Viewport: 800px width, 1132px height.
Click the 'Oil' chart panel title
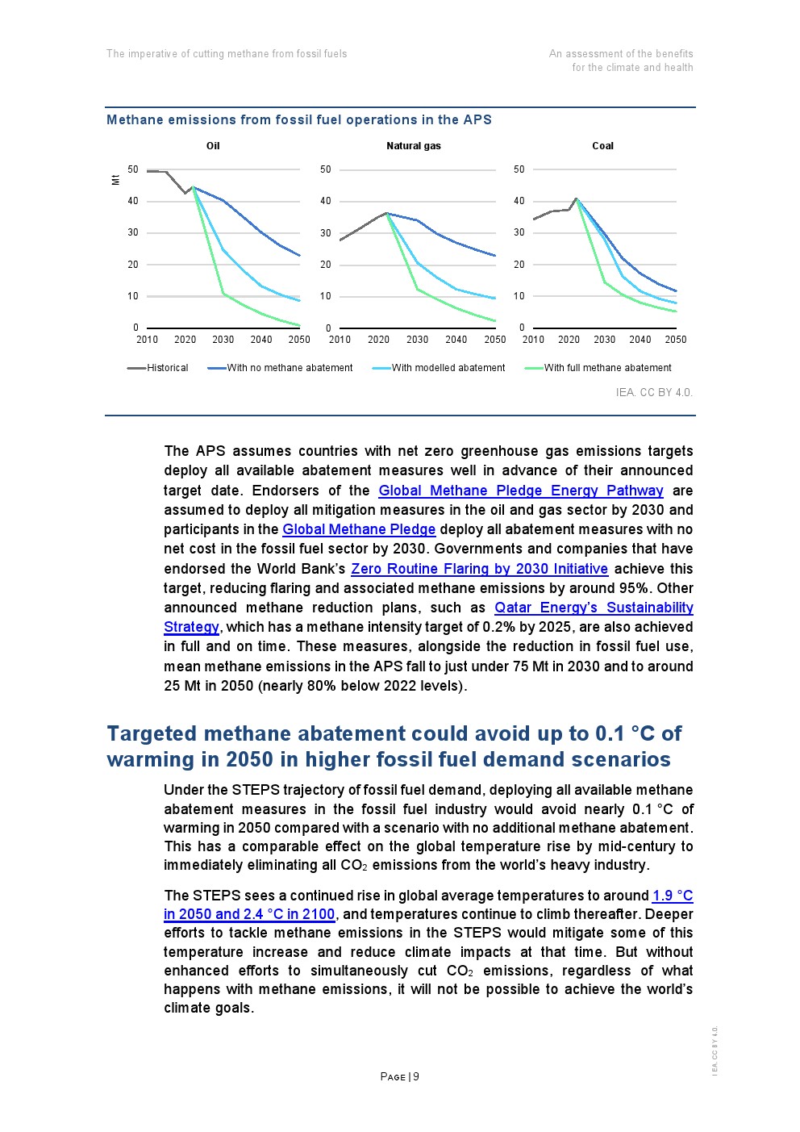213,146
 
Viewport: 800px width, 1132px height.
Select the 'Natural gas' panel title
414,146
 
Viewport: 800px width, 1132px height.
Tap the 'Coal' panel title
602,146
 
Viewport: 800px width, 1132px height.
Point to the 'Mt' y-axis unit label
116,179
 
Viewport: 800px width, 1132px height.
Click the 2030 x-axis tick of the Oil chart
223,340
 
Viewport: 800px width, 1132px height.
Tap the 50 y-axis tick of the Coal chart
519,169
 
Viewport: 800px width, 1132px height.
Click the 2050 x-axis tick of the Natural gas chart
495,340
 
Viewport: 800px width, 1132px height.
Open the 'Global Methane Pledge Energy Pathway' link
521,491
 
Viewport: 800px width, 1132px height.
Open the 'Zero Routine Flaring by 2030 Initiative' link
479,569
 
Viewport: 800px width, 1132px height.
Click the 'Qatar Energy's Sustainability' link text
594,608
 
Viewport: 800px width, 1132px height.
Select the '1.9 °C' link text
673,896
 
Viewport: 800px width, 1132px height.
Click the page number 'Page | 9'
400,1077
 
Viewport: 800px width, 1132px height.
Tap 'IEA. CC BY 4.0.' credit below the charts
654,393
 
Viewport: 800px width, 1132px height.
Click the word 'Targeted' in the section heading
152,733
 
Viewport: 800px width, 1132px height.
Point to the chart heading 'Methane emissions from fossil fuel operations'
298,120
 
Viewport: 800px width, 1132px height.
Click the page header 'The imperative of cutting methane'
227,54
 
